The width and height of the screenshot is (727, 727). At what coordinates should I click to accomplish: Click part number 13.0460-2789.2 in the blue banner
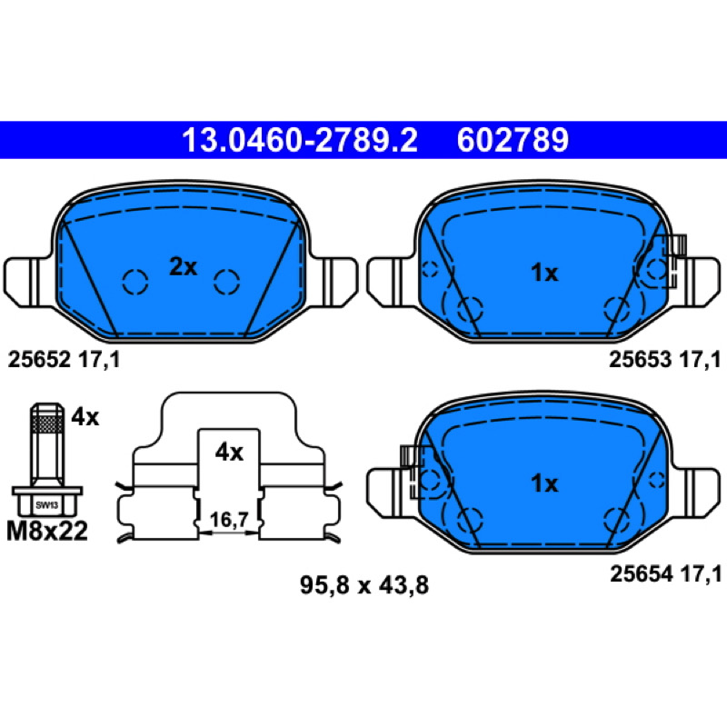pyautogui.click(x=300, y=140)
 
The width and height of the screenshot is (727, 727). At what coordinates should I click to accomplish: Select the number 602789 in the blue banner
pyautogui.click(x=513, y=140)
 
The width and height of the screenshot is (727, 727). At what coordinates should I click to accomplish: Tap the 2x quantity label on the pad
pyautogui.click(x=184, y=266)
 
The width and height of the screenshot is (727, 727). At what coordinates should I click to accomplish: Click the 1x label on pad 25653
pyautogui.click(x=544, y=273)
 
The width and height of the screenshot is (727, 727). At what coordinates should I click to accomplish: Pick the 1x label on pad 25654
pyautogui.click(x=544, y=483)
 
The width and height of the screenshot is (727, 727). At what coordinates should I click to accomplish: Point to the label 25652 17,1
pyautogui.click(x=64, y=359)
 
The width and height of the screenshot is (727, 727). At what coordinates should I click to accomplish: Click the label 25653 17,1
pyautogui.click(x=665, y=359)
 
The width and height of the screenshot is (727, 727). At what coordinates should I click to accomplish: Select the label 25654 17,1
pyautogui.click(x=666, y=574)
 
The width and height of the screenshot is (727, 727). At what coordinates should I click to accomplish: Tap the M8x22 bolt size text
pyautogui.click(x=47, y=531)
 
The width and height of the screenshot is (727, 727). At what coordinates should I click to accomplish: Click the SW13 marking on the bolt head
pyautogui.click(x=47, y=505)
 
